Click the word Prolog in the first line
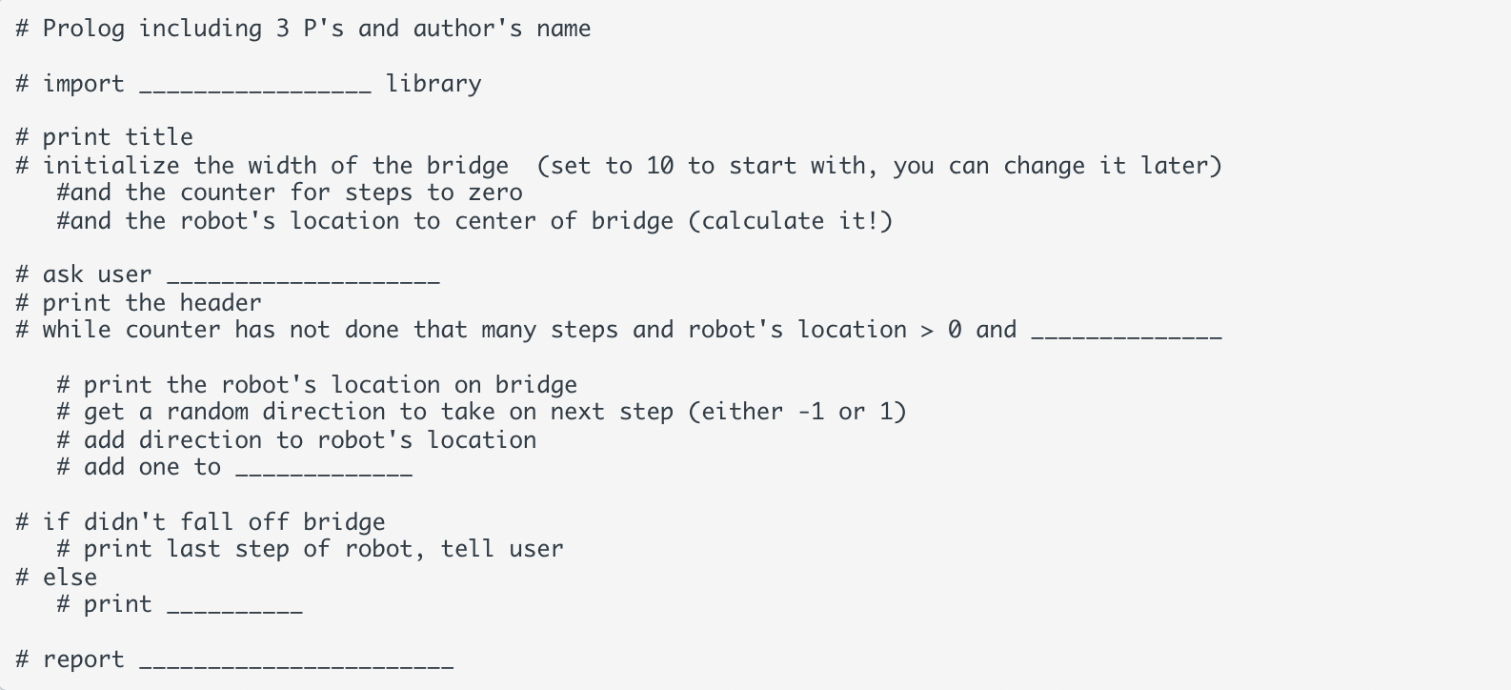(x=84, y=29)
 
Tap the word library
(x=433, y=84)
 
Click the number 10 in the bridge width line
(x=659, y=166)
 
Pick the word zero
(x=495, y=193)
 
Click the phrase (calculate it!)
(x=790, y=221)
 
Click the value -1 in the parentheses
(x=810, y=412)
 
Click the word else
(x=70, y=578)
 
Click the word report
(x=84, y=660)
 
